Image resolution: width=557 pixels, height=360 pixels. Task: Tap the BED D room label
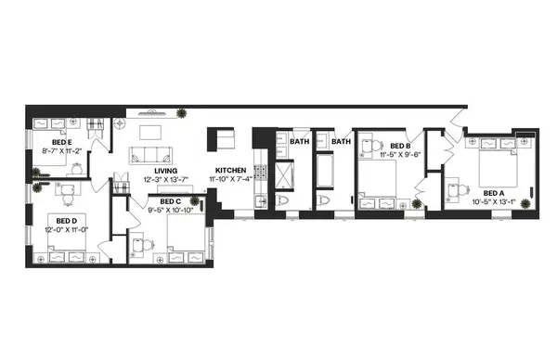pyautogui.click(x=60, y=219)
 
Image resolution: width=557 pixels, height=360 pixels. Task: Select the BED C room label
pyautogui.click(x=170, y=199)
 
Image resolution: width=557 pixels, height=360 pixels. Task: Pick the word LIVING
pyautogui.click(x=165, y=171)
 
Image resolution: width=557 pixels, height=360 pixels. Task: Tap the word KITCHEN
pyautogui.click(x=230, y=171)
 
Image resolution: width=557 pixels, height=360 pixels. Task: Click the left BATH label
pyautogui.click(x=299, y=142)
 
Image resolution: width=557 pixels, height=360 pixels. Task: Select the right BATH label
pyautogui.click(x=342, y=142)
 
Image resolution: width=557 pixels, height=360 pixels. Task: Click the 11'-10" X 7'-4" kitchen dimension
pyautogui.click(x=232, y=180)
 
